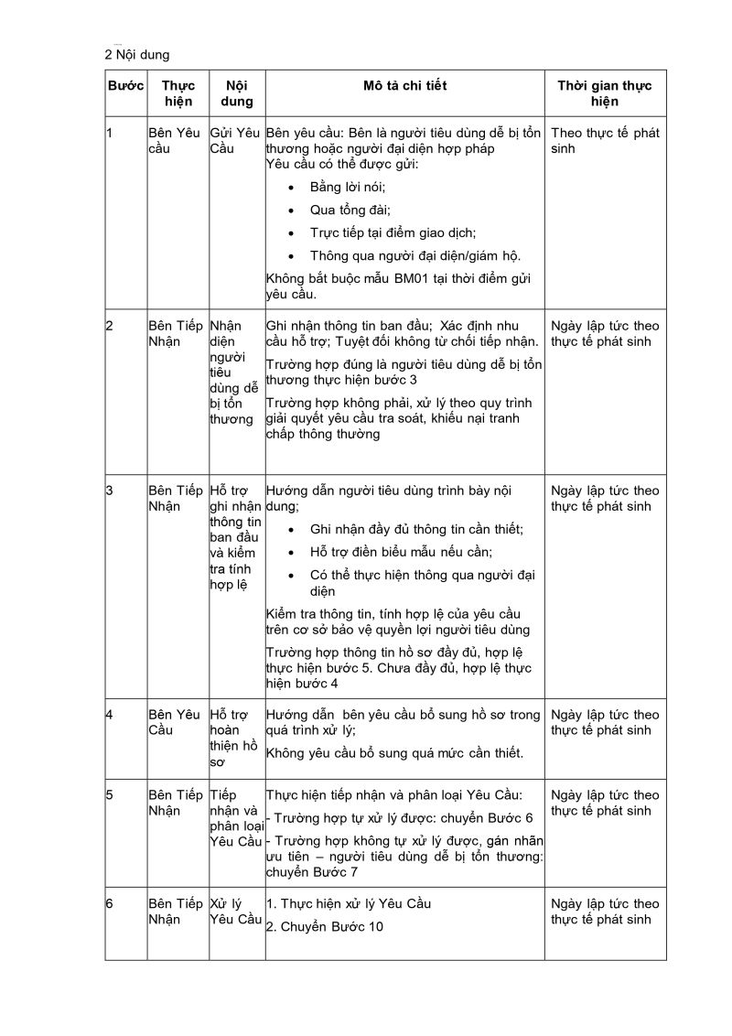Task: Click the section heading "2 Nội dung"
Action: point(137,55)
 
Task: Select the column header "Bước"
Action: point(125,86)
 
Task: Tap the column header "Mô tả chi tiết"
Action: point(404,86)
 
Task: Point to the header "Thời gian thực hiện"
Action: point(605,94)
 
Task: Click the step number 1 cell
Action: point(109,133)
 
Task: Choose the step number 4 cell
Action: point(109,714)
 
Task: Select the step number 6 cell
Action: point(109,903)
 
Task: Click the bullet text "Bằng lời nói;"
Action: point(349,187)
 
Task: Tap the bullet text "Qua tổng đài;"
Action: point(350,210)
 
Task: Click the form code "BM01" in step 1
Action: point(412,278)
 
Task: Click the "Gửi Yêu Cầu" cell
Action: point(236,140)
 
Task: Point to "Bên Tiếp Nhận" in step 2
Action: point(175,333)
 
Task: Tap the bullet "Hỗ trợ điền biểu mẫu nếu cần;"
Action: point(402,551)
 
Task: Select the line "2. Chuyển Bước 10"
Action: point(324,926)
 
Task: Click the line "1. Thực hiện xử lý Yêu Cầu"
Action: point(349,903)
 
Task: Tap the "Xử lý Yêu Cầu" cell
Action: point(235,912)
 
